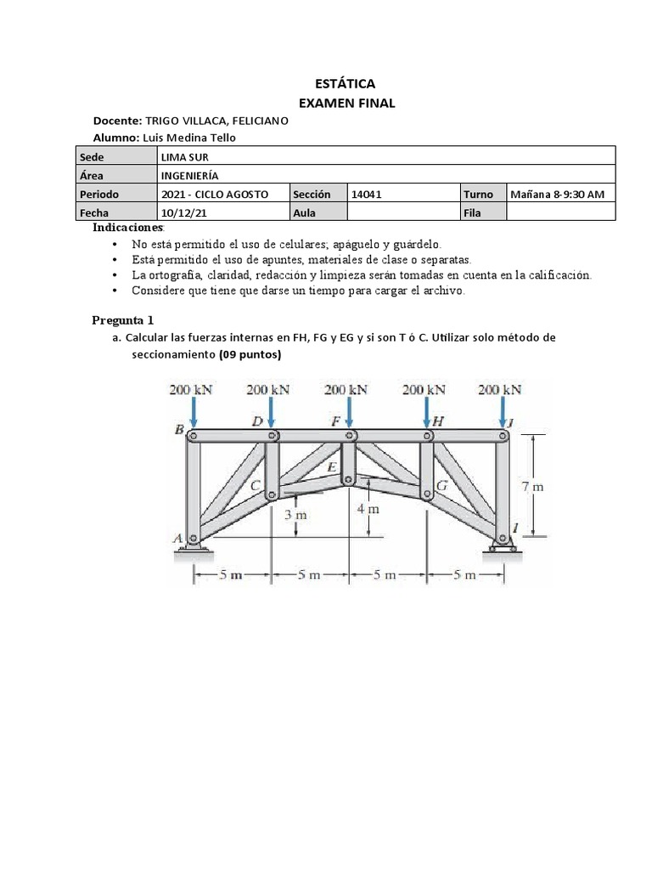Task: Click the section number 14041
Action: (x=367, y=194)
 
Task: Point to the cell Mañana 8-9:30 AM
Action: (x=557, y=194)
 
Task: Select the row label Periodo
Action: (x=99, y=194)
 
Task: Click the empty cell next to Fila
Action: (x=560, y=212)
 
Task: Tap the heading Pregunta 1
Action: (x=123, y=319)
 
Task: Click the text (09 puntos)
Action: (x=250, y=355)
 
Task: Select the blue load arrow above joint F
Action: (x=349, y=414)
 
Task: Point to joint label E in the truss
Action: (x=333, y=466)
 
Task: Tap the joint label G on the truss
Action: (x=441, y=486)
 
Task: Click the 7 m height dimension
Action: (x=532, y=487)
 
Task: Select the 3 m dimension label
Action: (x=294, y=515)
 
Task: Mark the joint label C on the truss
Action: (x=255, y=485)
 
